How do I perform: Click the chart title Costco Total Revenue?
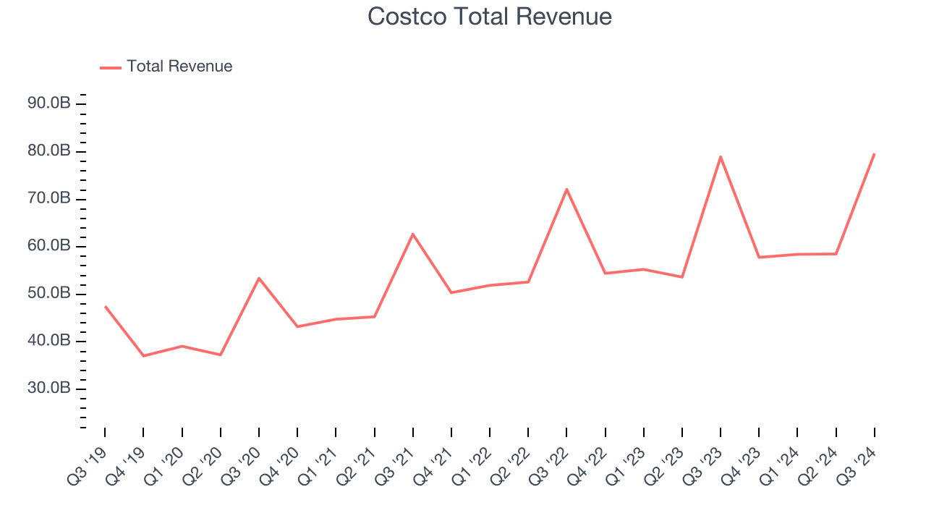point(490,17)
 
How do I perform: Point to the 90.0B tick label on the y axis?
point(49,103)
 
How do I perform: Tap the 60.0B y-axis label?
point(49,246)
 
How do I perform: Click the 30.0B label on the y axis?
point(49,389)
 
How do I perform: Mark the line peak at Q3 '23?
point(721,156)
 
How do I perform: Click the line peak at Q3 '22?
point(566,189)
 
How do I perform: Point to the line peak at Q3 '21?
point(413,234)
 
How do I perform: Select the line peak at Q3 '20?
point(259,278)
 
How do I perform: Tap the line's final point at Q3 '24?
point(874,153)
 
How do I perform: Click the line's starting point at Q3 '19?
point(105,306)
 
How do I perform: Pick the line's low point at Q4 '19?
point(143,356)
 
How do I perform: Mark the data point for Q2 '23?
point(682,277)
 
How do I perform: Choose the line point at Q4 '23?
point(759,258)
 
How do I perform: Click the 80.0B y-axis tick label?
point(49,151)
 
